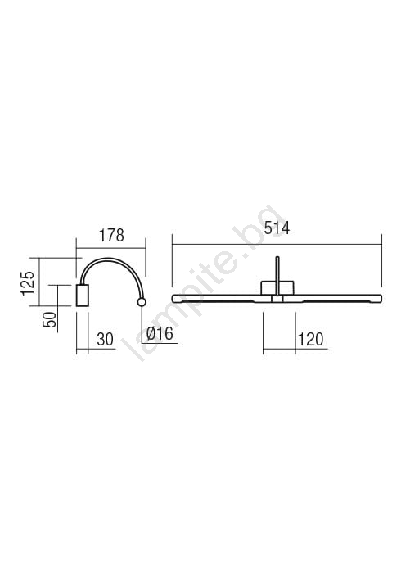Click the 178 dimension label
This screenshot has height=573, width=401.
click(x=112, y=236)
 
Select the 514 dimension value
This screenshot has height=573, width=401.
click(x=277, y=228)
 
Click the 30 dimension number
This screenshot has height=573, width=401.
click(x=106, y=340)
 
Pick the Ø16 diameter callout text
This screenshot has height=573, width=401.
click(x=160, y=334)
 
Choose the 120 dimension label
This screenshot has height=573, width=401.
click(x=311, y=340)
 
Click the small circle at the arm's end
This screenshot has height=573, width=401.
click(x=142, y=302)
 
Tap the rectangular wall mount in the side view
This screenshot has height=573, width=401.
click(x=82, y=296)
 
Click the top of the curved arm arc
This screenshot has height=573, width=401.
click(x=109, y=259)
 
